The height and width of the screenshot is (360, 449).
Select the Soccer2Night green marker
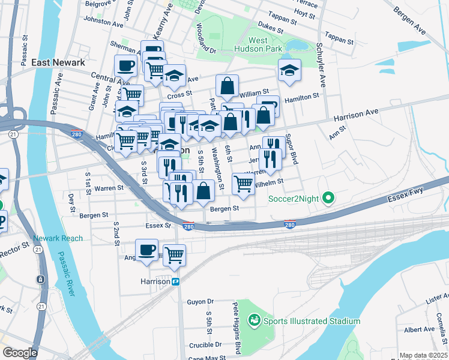pyautogui.click(x=328, y=197)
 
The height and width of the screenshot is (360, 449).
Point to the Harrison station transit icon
pyautogui.click(x=176, y=281)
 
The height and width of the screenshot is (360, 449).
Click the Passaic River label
pyautogui.click(x=67, y=274)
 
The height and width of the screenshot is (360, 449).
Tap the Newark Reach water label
pyautogui.click(x=58, y=238)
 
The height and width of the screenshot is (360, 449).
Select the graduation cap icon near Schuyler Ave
pyautogui.click(x=289, y=70)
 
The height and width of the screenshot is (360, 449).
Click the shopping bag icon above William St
pyautogui.click(x=228, y=86)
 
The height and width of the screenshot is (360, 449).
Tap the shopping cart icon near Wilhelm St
pyautogui.click(x=243, y=183)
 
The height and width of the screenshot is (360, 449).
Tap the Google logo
pyautogui.click(x=20, y=353)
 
